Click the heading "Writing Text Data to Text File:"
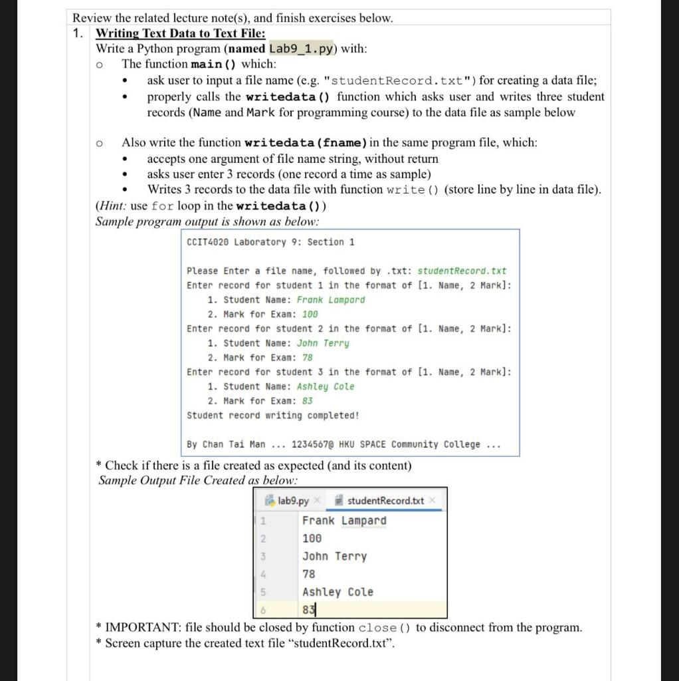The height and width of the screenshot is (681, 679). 181,33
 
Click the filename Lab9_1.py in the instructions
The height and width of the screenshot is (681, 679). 304,49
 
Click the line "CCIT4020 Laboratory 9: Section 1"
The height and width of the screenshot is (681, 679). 270,242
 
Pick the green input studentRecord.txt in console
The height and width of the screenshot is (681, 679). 462,271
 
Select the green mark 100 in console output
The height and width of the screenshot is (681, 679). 310,315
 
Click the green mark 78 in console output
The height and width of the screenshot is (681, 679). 307,358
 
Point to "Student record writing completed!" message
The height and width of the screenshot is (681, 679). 273,416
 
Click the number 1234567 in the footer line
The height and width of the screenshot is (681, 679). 312,444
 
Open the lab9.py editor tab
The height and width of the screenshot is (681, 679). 293,500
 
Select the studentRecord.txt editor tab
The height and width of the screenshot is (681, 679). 385,500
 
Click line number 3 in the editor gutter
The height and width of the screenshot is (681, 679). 262,557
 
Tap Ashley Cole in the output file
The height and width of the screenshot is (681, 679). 338,592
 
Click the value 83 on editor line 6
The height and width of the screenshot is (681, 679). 308,609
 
